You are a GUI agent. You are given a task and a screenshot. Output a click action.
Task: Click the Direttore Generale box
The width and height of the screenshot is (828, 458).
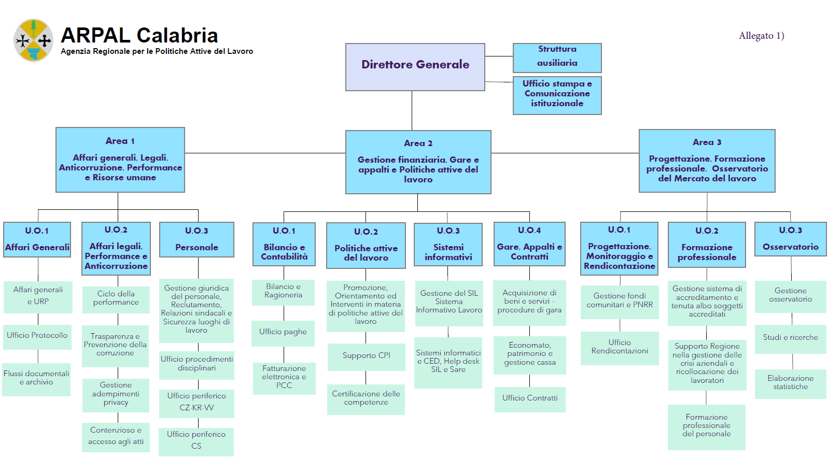click(x=415, y=67)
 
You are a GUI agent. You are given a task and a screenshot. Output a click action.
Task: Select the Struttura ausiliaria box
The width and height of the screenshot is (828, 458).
click(x=557, y=58)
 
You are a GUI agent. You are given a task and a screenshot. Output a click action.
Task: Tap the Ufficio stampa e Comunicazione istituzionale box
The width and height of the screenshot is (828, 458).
click(x=557, y=95)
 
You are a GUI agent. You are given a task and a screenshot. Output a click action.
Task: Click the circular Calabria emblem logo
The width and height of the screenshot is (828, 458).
click(x=34, y=40)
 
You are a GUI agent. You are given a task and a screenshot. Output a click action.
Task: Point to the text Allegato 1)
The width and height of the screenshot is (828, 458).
click(x=761, y=36)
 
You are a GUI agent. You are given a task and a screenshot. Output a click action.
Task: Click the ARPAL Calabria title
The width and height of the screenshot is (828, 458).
click(x=139, y=36)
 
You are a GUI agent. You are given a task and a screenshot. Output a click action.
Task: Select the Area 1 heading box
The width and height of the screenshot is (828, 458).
click(x=120, y=160)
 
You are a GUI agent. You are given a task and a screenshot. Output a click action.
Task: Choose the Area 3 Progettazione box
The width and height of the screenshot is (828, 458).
click(x=707, y=161)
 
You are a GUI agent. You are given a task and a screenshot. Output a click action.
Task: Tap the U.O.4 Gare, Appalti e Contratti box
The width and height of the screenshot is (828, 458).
click(x=529, y=244)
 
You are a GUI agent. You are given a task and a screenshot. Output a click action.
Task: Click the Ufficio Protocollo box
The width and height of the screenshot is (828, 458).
click(x=37, y=335)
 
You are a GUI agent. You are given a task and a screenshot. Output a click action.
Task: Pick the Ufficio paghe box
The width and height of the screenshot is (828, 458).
click(x=283, y=332)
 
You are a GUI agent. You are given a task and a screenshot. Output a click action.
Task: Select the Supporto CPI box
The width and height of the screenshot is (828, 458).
click(x=366, y=356)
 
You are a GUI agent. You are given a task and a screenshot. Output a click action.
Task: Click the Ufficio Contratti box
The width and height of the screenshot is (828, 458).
click(x=530, y=398)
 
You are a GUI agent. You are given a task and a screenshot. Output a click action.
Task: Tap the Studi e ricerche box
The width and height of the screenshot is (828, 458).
click(x=790, y=338)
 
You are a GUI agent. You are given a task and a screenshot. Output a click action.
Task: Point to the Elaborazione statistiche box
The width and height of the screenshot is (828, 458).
click(x=790, y=383)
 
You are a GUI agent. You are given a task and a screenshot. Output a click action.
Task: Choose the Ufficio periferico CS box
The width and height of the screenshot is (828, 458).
click(x=196, y=440)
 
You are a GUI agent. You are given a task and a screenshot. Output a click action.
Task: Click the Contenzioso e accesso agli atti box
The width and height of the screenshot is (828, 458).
click(x=116, y=436)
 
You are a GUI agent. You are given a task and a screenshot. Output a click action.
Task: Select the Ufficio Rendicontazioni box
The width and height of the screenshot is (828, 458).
click(x=620, y=347)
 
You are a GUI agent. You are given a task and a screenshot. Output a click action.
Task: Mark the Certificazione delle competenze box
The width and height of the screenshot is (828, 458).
click(x=366, y=398)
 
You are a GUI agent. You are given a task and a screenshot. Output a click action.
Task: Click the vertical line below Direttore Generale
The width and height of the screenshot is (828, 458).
click(x=412, y=110)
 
